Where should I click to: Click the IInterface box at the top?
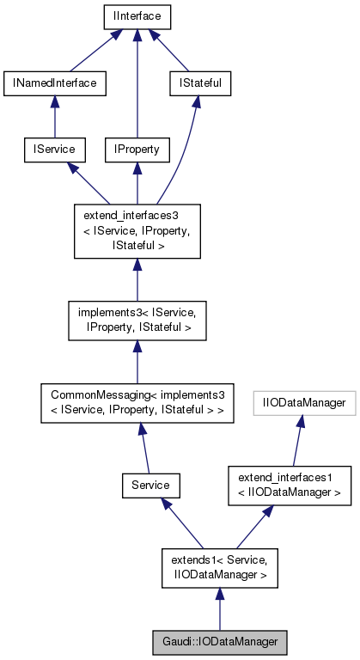(x=136, y=16)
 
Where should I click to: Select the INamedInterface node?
(x=54, y=82)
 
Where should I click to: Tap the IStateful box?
(x=197, y=82)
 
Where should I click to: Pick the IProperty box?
(x=136, y=149)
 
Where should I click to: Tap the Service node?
(x=150, y=486)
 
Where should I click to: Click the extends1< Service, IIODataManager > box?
(x=219, y=568)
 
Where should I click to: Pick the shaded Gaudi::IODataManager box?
(x=219, y=641)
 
